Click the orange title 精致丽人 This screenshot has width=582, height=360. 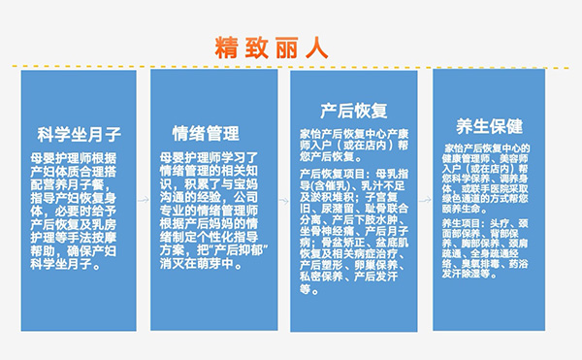click(x=273, y=46)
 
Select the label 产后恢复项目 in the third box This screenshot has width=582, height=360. click(x=333, y=173)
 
